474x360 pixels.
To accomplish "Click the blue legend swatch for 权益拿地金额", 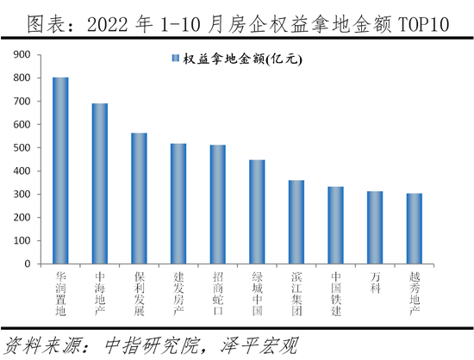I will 175,59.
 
